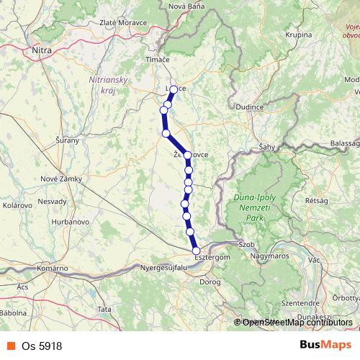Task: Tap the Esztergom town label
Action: point(212,256)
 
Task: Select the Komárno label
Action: point(53,268)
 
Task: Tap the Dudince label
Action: point(271,107)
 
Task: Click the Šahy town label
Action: point(269,147)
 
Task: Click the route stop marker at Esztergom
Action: point(196,251)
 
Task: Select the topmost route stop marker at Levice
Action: point(174,89)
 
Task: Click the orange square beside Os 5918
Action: point(9,346)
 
